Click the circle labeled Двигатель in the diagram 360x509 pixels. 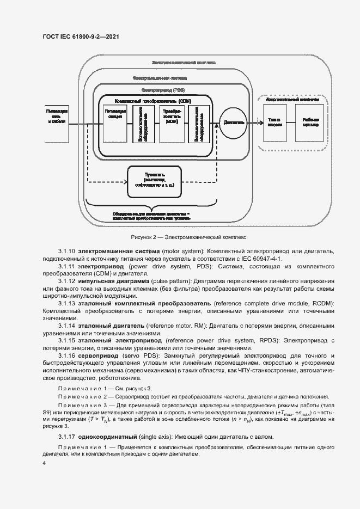point(233,122)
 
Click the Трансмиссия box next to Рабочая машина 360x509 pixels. point(275,122)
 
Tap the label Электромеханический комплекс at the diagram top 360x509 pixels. point(185,62)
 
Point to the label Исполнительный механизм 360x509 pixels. point(292,100)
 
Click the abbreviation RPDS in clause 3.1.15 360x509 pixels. point(264,340)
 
